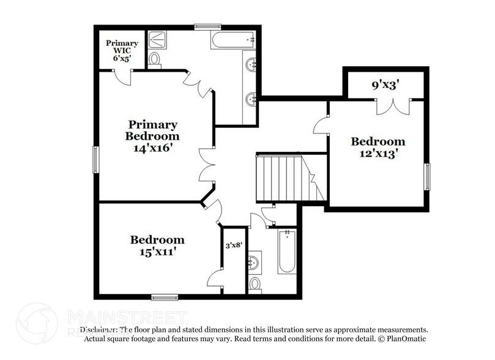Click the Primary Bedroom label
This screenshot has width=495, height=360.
152,129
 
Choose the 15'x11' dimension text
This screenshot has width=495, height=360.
157,251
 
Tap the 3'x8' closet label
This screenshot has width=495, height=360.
235,246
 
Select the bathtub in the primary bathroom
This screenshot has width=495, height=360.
233,40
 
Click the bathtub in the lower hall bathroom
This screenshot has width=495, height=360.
286,252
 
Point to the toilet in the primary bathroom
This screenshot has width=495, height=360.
155,59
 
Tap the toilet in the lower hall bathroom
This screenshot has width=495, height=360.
256,283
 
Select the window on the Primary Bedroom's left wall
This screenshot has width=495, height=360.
95,160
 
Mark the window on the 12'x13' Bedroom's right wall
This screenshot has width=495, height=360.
428,177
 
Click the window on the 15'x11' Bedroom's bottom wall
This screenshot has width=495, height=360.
165,298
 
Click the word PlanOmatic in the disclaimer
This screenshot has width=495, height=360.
405,339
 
